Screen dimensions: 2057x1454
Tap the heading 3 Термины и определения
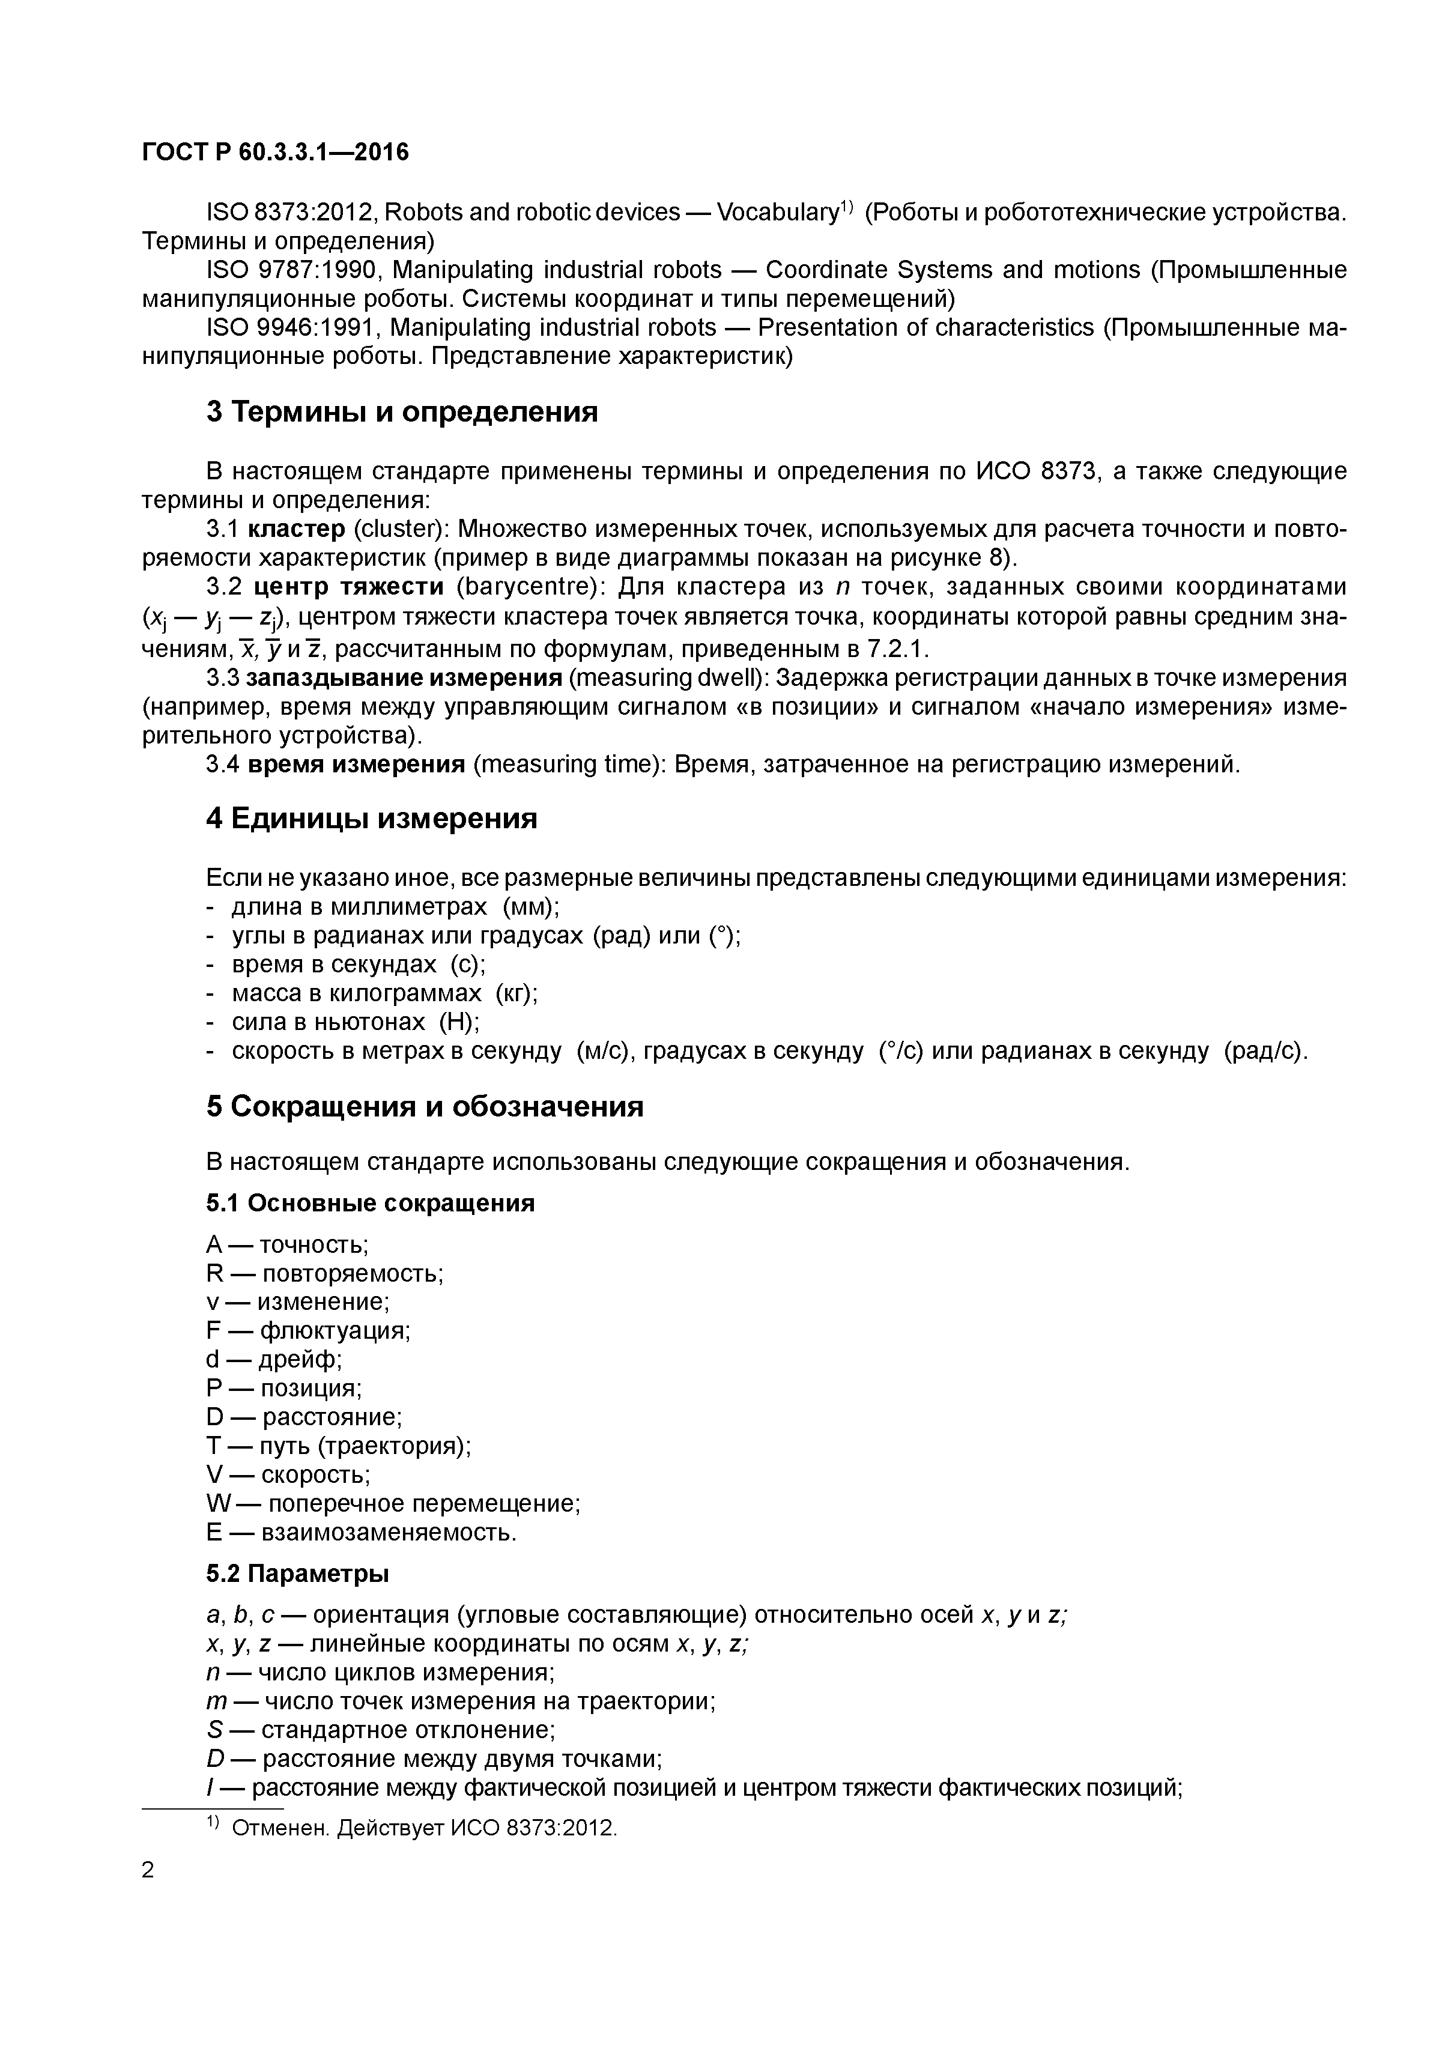click(x=401, y=412)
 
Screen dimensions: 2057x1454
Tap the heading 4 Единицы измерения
click(x=372, y=818)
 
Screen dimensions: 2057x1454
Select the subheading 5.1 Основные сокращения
click(x=370, y=1203)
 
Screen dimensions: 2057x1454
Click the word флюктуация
click(x=334, y=1330)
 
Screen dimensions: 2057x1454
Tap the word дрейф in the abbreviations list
click(x=299, y=1359)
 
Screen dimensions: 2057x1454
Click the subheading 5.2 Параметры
click(x=297, y=1573)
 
